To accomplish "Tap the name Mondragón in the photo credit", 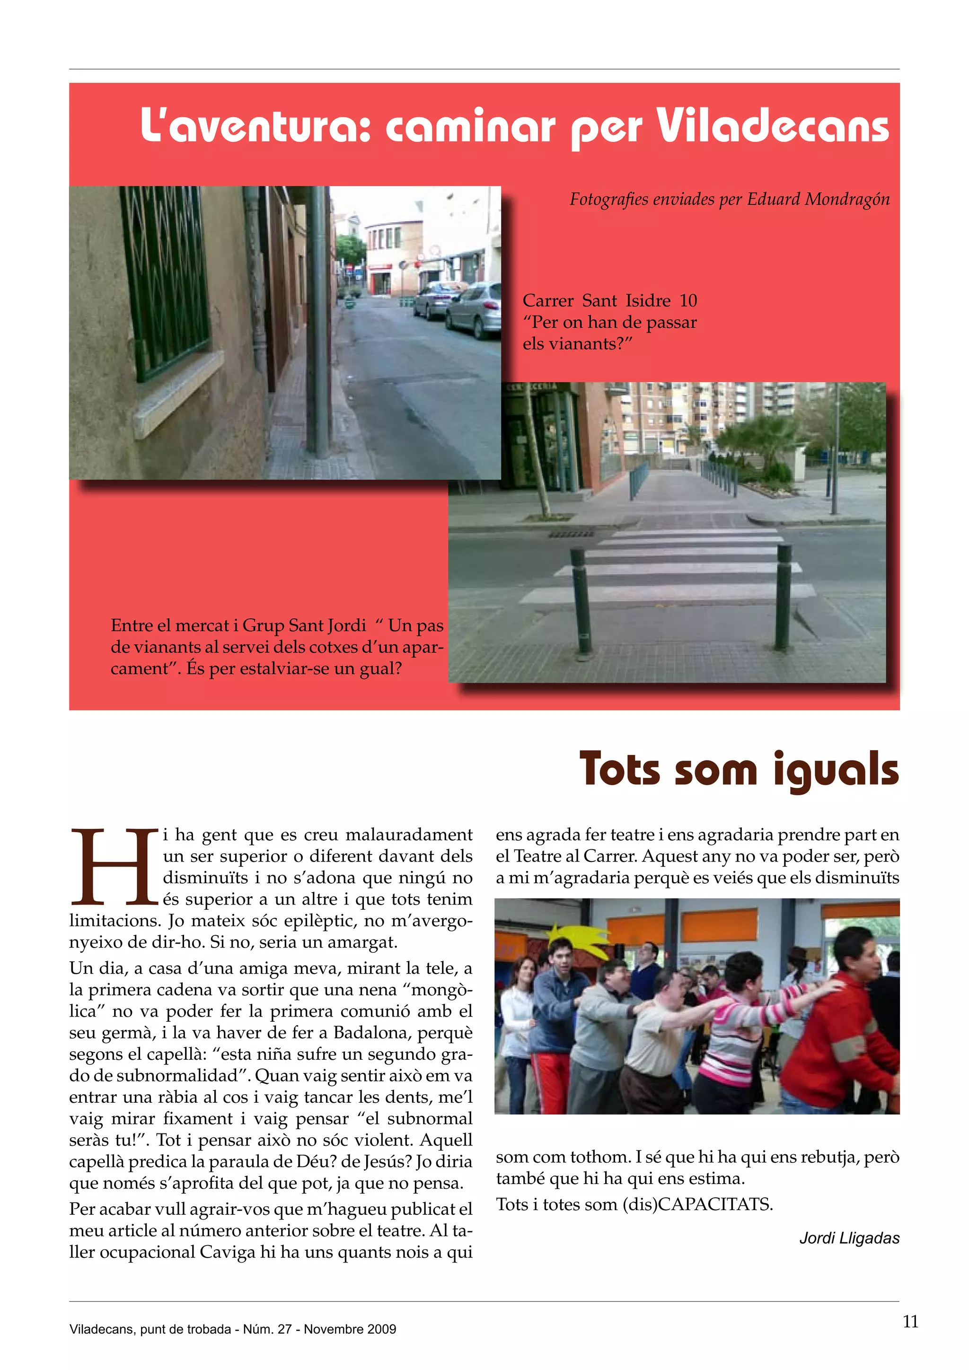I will [x=847, y=199].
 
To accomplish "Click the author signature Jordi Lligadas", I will [x=849, y=1238].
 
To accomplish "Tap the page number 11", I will [x=910, y=1322].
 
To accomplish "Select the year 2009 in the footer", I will [x=382, y=1329].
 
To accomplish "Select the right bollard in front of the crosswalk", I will [x=783, y=597].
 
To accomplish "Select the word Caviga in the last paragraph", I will [x=227, y=1253].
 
